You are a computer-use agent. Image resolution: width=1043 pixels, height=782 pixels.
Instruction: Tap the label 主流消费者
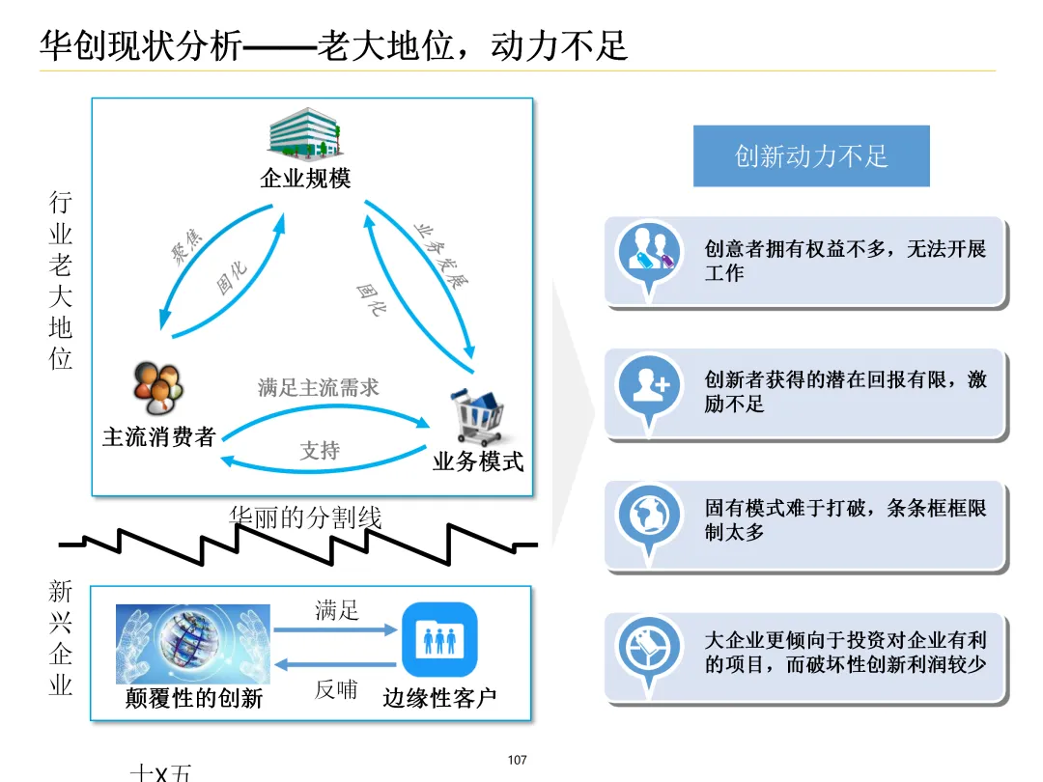(159, 436)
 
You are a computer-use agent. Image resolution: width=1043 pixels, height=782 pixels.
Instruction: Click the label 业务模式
(478, 461)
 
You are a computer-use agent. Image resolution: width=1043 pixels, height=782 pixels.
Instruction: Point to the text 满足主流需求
(319, 388)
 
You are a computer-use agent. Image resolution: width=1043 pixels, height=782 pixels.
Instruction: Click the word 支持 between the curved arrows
(320, 450)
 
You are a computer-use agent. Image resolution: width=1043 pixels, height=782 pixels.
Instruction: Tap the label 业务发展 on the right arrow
(442, 254)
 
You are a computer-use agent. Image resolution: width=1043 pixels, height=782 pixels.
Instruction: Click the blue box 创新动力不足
(811, 156)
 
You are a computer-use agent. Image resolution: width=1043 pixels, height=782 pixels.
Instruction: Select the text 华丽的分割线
(305, 517)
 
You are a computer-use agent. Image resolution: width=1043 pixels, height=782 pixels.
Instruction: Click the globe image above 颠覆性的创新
(192, 644)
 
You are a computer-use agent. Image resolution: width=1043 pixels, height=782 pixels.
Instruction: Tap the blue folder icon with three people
(440, 638)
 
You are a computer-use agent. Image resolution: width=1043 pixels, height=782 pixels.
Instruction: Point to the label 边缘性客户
(440, 698)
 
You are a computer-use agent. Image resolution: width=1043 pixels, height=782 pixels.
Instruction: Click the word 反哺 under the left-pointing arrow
(336, 689)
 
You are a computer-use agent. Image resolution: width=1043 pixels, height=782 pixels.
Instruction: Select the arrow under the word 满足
(335, 629)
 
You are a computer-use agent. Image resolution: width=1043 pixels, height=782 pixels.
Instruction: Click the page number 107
(518, 761)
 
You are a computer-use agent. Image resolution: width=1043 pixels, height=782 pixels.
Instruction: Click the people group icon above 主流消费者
(158, 388)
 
